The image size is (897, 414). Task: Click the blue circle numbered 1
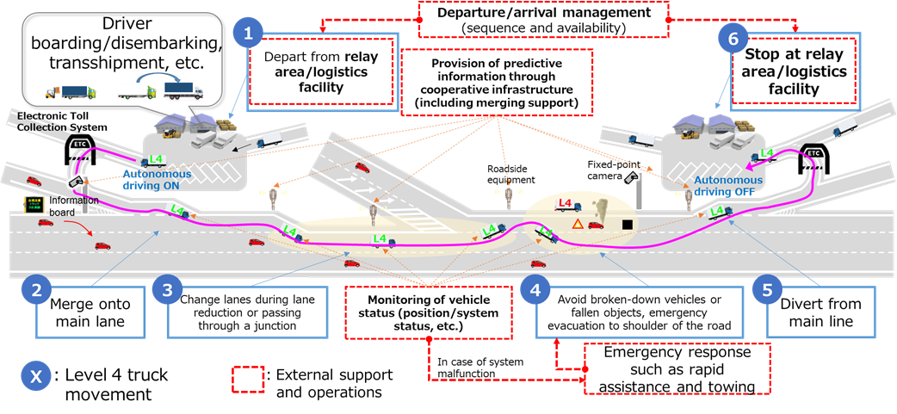tap(249, 35)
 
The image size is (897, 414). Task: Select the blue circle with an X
tap(36, 376)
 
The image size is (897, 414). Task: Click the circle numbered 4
tap(535, 291)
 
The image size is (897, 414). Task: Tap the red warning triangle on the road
tap(577, 224)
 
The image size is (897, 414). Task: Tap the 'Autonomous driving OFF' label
tap(723, 186)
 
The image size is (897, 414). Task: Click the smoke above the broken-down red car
tap(597, 210)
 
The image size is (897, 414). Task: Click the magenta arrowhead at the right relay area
tap(750, 167)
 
